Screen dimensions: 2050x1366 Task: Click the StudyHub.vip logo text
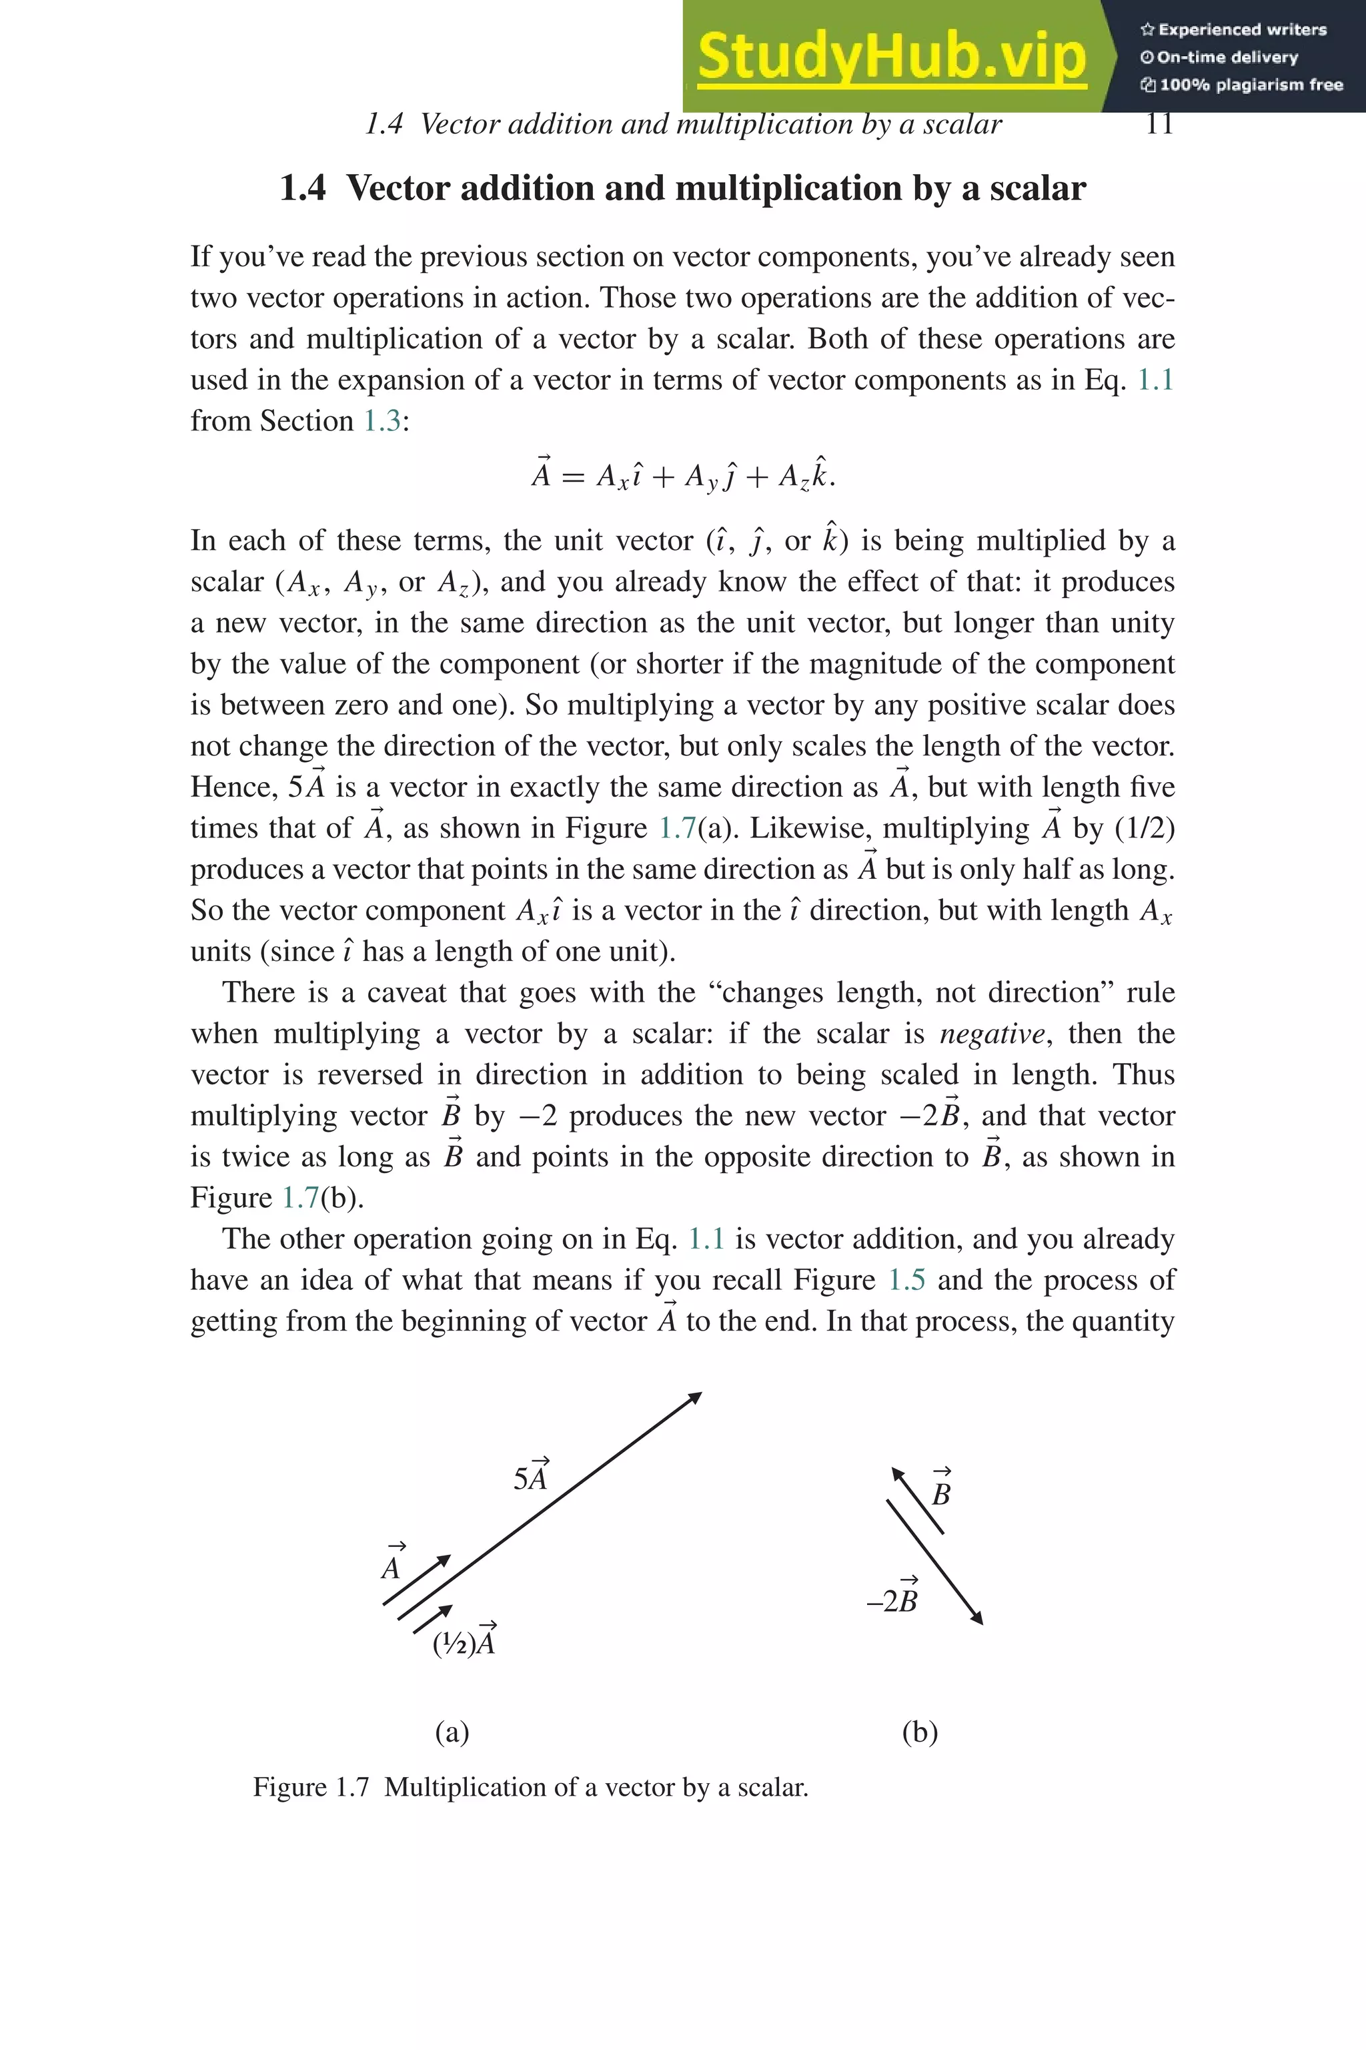pos(891,57)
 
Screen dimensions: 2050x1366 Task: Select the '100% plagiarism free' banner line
pos(1241,85)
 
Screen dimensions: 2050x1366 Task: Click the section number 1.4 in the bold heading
pos(302,189)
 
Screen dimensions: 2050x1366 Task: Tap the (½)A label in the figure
pos(464,1643)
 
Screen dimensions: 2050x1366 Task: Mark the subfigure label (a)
pos(452,1732)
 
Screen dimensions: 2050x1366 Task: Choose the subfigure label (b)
pos(920,1732)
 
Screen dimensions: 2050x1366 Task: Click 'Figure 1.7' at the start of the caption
pos(311,1788)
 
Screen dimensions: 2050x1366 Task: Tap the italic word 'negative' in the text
pos(991,1034)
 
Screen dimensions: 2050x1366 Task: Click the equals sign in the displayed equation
pos(572,476)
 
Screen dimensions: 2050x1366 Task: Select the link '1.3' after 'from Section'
pos(382,421)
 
